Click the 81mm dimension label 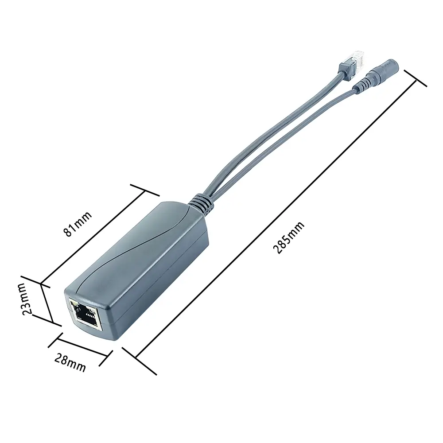click(77, 224)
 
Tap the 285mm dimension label click(289, 237)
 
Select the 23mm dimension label click(26, 299)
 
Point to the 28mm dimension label click(70, 363)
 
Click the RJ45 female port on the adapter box click(84, 314)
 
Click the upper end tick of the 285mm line click(416, 78)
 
